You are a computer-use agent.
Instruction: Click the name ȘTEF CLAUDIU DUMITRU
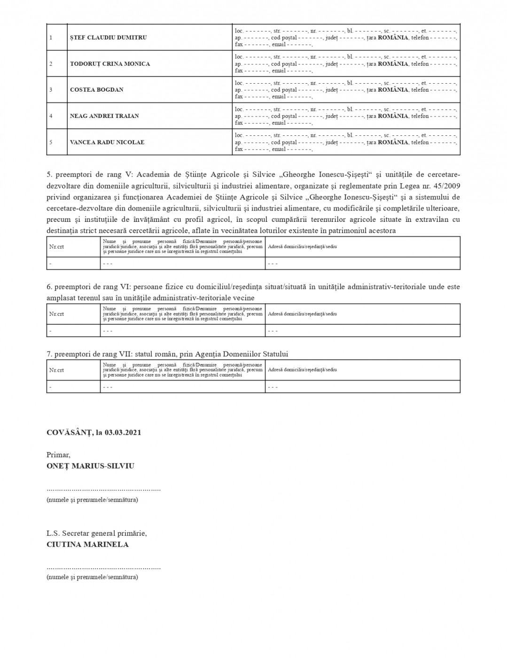108,38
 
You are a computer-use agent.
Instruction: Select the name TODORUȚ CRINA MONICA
110,64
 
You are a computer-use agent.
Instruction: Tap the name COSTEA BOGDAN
96,90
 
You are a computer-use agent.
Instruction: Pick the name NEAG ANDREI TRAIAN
104,116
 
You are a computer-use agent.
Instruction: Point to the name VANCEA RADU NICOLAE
107,142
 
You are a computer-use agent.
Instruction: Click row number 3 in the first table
51,90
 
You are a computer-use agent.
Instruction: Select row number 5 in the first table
51,142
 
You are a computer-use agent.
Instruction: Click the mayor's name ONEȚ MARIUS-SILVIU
90,466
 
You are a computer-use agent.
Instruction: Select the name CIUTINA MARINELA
87,545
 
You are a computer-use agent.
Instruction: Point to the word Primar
58,455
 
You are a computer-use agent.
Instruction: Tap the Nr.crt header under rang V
56,247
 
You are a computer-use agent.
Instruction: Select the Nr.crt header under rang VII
56,370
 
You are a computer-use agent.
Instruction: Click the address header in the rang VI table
302,314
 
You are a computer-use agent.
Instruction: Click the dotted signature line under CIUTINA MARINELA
103,568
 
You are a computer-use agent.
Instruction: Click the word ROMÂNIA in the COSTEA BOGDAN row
393,90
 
